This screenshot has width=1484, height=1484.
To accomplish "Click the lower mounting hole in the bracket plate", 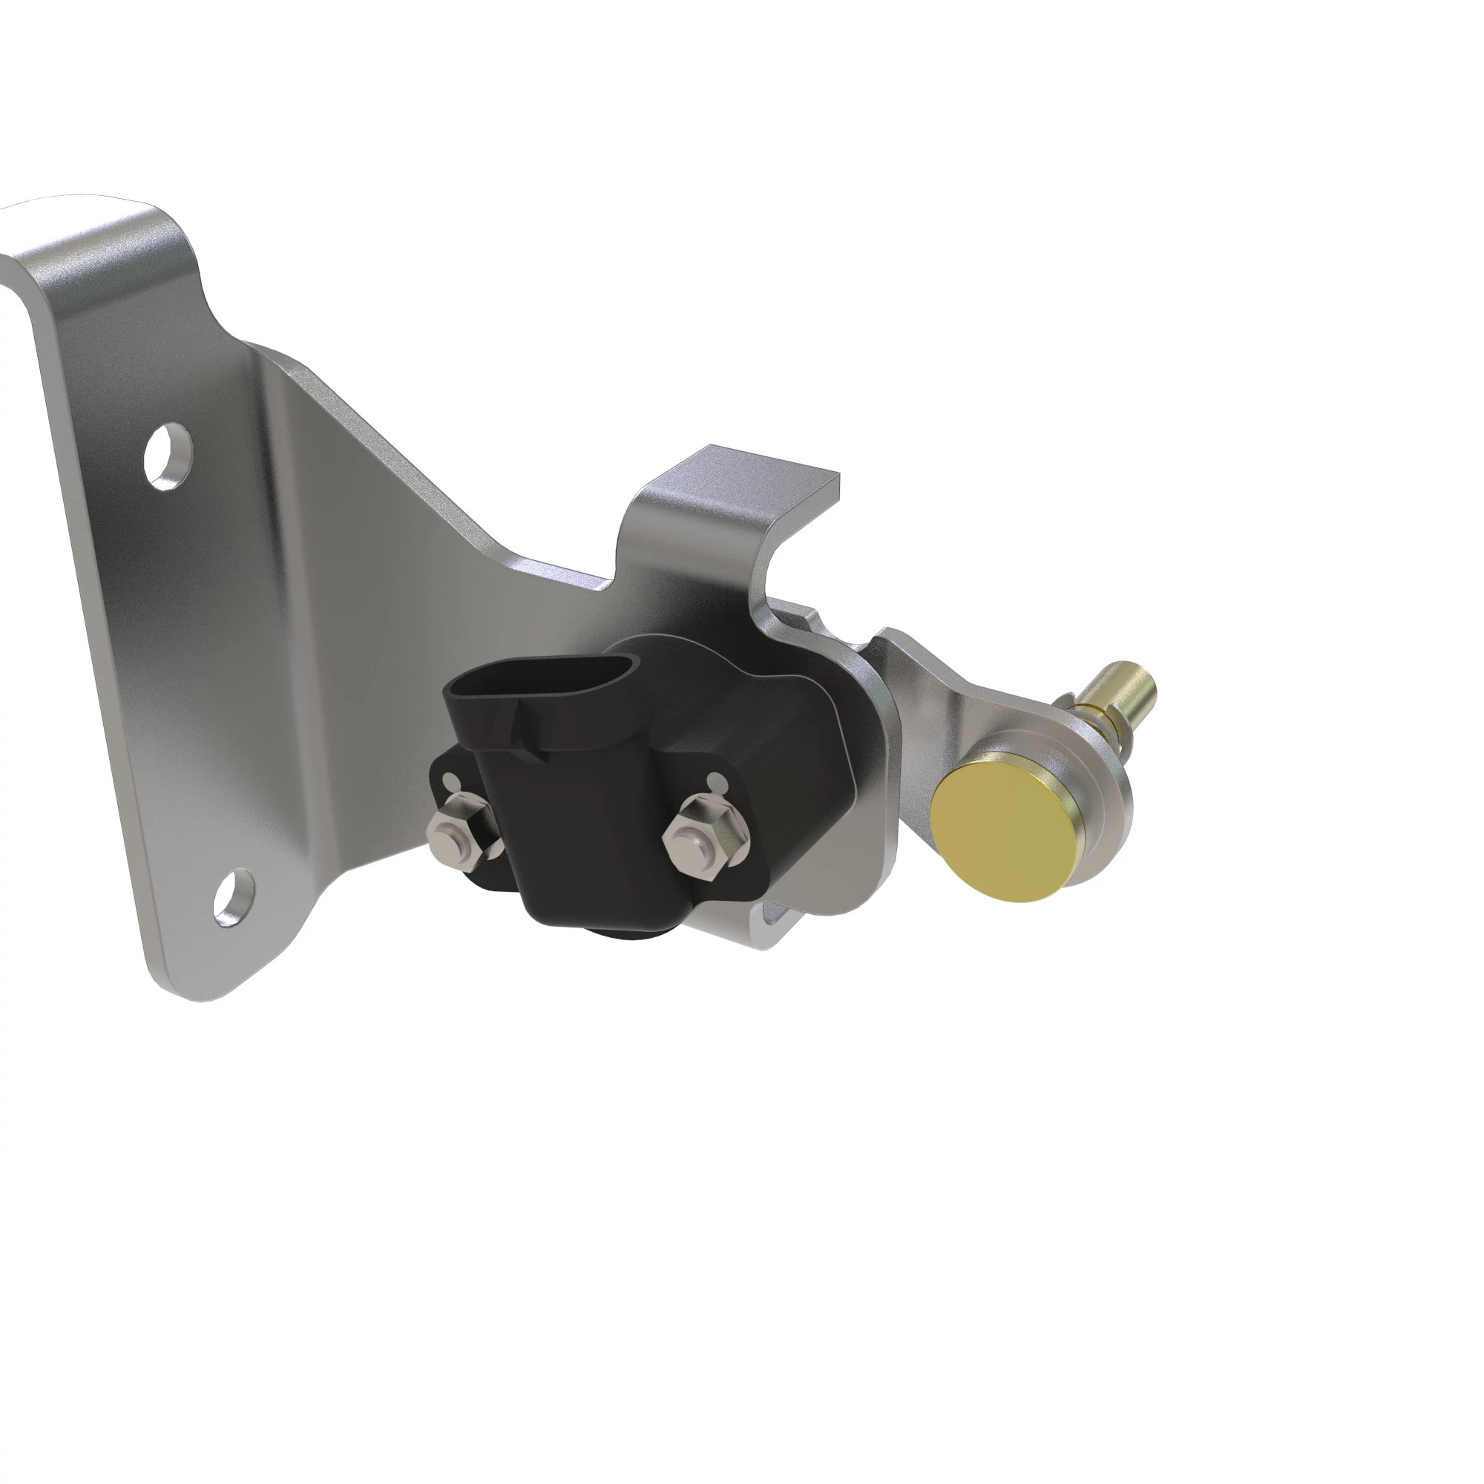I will click(234, 896).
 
